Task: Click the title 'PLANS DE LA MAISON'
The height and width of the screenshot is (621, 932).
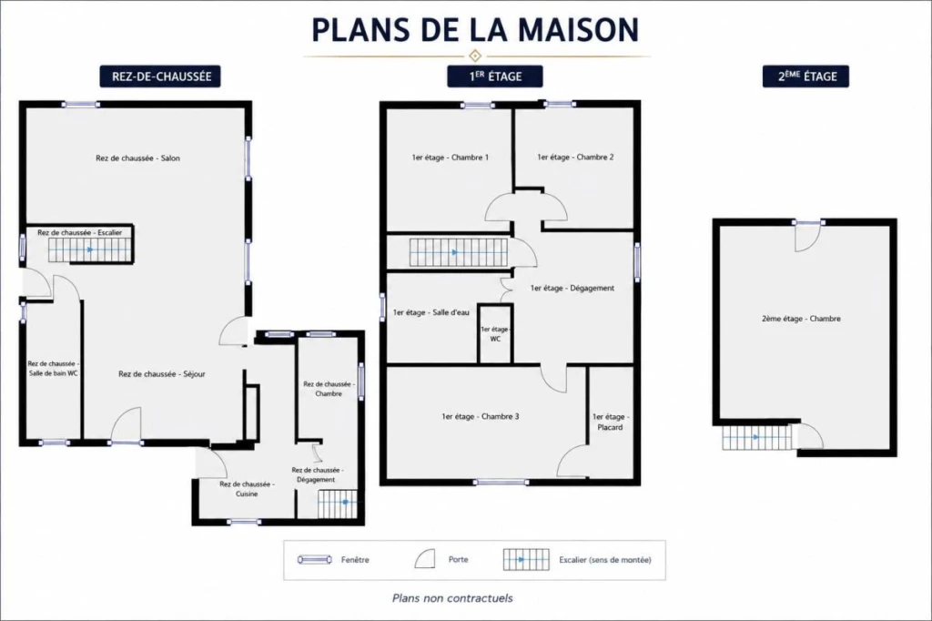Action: pos(475,30)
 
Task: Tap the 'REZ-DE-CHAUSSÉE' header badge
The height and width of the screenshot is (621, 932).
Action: pos(160,76)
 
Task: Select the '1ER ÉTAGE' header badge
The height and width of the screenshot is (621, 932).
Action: pos(494,76)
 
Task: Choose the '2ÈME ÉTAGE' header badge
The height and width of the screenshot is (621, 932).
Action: pos(805,76)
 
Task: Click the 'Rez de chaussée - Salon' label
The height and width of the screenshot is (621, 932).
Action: pos(137,158)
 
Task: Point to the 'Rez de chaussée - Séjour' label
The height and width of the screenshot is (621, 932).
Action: pos(162,374)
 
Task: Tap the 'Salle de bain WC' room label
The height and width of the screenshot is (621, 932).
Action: pos(54,368)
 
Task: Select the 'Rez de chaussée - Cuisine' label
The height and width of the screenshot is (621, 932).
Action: pos(247,489)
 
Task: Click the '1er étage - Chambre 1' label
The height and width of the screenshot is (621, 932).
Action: pos(450,158)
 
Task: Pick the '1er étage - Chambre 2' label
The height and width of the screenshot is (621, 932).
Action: pos(575,157)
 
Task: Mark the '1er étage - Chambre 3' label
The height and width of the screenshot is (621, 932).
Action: pos(481,416)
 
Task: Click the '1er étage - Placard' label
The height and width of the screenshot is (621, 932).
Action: pos(610,422)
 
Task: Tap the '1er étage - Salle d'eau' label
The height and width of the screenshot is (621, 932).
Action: pos(431,312)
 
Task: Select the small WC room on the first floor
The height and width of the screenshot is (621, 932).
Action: pos(495,333)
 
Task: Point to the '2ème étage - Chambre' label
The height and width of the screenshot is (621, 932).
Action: pos(801,319)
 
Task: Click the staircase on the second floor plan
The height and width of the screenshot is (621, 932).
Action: pos(757,437)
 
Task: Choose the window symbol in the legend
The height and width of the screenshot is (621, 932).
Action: pos(314,560)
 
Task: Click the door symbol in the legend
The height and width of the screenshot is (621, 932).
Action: pos(424,559)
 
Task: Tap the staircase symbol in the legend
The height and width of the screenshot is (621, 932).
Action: pos(526,560)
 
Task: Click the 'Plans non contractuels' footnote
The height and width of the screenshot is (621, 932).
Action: pos(452,598)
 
